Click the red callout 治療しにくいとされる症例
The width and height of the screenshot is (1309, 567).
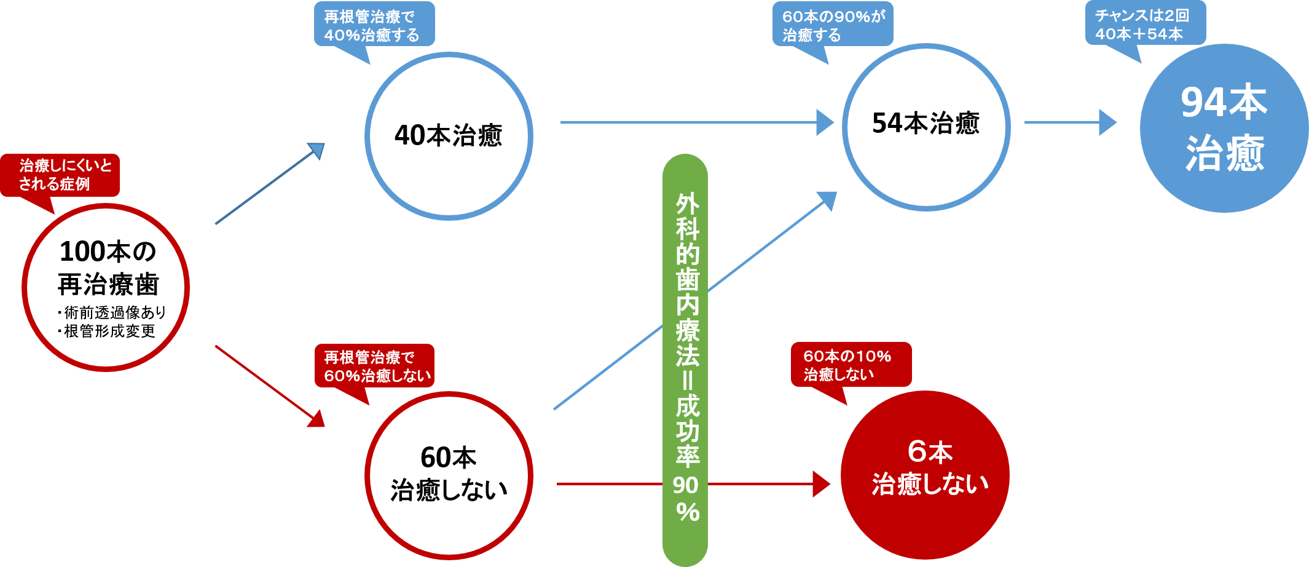click(x=60, y=175)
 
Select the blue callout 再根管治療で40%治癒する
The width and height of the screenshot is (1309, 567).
click(x=374, y=25)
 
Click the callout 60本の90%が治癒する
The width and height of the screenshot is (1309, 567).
click(x=832, y=25)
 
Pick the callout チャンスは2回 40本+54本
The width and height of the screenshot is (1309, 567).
click(x=1145, y=24)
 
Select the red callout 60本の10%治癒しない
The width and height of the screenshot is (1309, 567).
click(x=851, y=365)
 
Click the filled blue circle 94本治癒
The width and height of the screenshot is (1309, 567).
click(x=1224, y=128)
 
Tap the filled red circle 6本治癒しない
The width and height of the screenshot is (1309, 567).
click(x=925, y=475)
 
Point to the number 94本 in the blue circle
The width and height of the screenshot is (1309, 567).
click(x=1224, y=103)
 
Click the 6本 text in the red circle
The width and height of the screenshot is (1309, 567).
click(x=929, y=452)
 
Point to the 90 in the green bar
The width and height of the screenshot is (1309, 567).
click(x=685, y=485)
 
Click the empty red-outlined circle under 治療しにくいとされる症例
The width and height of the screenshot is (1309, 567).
click(x=106, y=288)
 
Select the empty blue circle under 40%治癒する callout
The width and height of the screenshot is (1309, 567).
click(x=449, y=136)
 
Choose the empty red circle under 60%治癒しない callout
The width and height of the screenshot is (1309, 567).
click(x=449, y=475)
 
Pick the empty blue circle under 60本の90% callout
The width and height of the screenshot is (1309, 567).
click(x=926, y=127)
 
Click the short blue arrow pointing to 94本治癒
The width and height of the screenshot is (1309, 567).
click(x=1069, y=122)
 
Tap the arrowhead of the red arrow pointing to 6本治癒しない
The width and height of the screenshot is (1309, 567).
click(x=821, y=484)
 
